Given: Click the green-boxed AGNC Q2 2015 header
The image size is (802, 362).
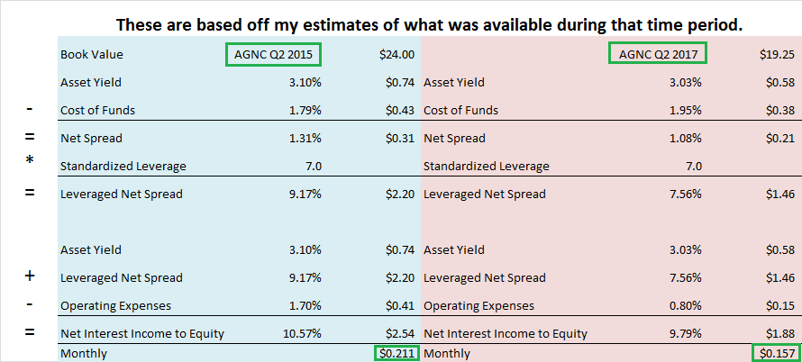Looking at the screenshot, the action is coord(273,54).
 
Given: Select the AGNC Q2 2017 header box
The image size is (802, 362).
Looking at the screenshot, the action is coord(658,54).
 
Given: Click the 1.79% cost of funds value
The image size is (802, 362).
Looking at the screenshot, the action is coord(305,111).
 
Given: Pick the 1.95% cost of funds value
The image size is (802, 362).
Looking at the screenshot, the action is coord(686,111).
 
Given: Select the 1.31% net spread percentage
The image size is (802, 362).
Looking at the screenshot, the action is coord(305,138).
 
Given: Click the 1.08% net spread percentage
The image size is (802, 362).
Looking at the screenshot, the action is coord(686,138).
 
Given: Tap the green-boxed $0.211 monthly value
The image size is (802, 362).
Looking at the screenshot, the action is coord(396,353).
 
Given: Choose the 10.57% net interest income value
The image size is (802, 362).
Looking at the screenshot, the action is coord(302,334).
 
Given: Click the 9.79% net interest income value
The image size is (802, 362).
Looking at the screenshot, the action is coord(686,334).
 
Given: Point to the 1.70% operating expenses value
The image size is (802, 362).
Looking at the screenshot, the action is coord(305,306).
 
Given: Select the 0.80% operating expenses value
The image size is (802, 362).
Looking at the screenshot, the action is coord(686,306).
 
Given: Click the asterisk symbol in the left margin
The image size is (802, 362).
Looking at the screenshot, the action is coord(30,159).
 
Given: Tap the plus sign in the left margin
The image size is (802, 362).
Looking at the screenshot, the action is coord(30,276).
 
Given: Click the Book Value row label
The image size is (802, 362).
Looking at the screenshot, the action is coord(92,55).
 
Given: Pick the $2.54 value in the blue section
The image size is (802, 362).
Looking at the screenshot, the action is coord(400,334).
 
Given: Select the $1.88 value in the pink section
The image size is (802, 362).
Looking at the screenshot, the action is coord(780,334).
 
